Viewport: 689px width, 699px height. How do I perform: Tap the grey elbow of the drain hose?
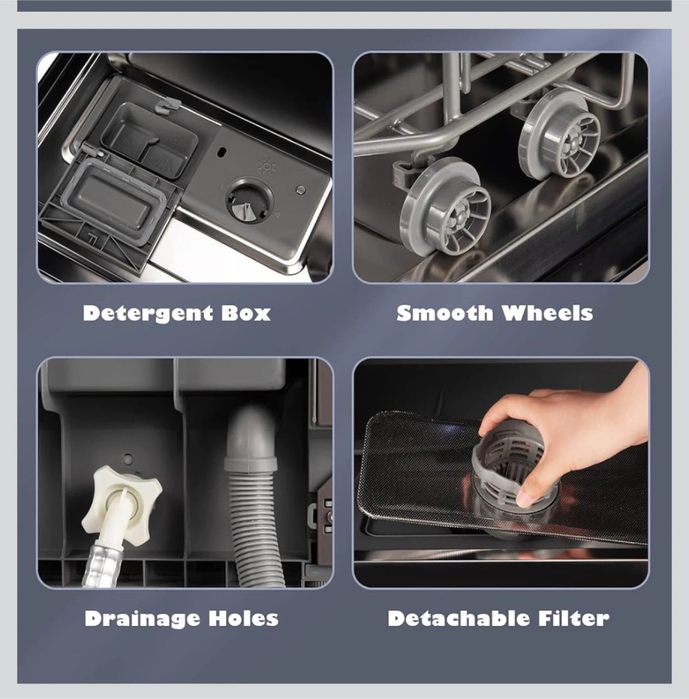[251, 435]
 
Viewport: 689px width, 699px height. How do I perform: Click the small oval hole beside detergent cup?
[219, 151]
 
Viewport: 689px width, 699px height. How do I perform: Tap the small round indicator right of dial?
[301, 189]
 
